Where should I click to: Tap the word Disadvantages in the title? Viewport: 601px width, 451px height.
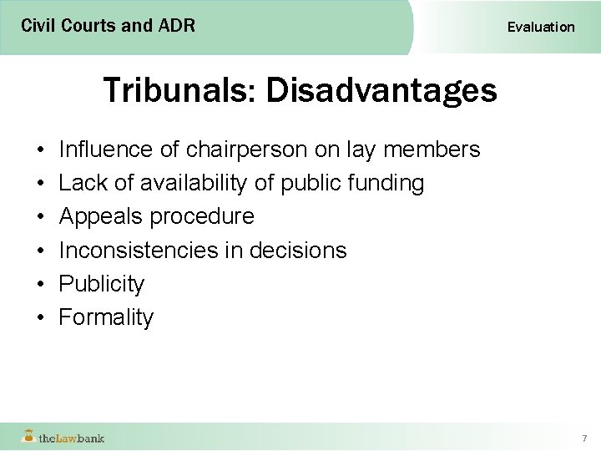tap(381, 89)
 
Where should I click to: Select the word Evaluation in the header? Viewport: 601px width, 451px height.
tap(541, 27)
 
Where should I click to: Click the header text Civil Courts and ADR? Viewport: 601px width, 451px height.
tap(109, 26)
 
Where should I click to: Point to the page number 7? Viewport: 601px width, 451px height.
tap(584, 438)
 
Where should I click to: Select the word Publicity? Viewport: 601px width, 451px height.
tap(101, 284)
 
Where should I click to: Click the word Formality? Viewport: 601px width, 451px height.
tap(106, 317)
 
